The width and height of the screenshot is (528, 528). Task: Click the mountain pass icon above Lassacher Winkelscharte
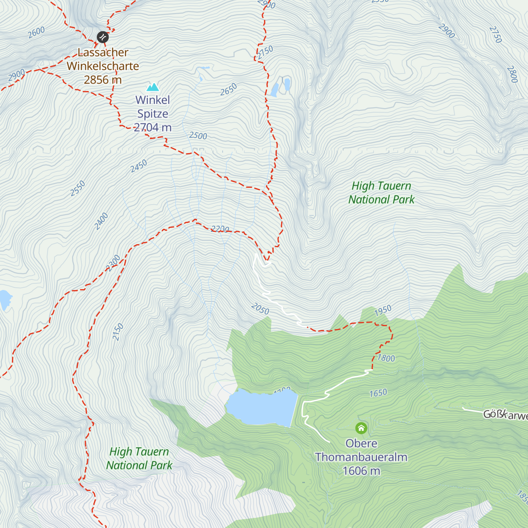coord(103,37)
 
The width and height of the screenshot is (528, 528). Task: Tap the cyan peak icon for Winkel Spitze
coord(153,87)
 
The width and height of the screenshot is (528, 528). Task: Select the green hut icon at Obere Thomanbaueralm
coord(361,428)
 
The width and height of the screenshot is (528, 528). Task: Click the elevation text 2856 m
coord(103,80)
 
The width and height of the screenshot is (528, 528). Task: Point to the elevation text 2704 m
coord(153,128)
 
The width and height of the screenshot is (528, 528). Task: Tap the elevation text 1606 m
coord(361,471)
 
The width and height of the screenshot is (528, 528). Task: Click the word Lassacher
coord(103,52)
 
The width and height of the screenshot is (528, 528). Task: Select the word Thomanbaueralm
coord(361,457)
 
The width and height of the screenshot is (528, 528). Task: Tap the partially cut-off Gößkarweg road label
coord(505,414)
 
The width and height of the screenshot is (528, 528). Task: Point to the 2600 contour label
coord(36,32)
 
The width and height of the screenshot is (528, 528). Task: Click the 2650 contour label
coord(228,89)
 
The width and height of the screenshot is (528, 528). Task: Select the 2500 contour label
coord(198,136)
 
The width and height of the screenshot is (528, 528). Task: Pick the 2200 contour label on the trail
coord(220,229)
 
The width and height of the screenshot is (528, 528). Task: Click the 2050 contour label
coord(260,309)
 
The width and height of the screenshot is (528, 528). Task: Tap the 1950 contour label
coord(383,310)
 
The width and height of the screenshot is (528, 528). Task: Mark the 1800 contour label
coord(386,358)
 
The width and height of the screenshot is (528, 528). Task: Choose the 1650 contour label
coord(378,393)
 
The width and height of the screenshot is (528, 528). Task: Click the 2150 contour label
coord(117,332)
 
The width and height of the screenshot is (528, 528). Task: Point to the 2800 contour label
coord(512,74)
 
